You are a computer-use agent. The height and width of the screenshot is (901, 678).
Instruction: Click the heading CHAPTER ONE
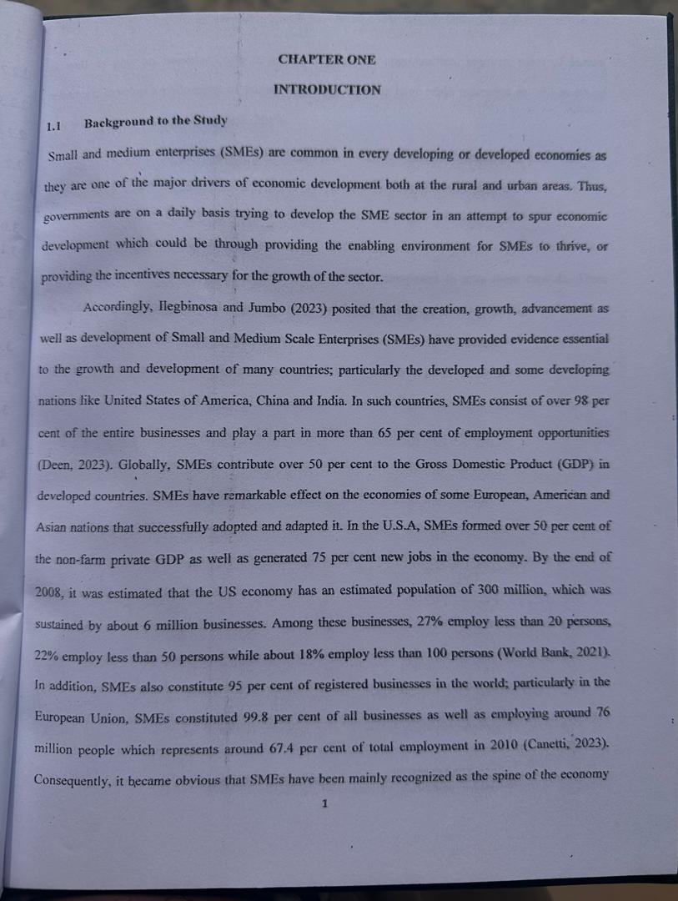click(x=326, y=59)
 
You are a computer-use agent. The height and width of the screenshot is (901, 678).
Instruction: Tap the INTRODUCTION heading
click(x=326, y=89)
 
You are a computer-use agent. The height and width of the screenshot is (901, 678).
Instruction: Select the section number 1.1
click(x=55, y=127)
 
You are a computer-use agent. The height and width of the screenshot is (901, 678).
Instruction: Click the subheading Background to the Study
click(x=155, y=121)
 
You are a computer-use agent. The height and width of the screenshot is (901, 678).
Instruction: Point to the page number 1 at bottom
click(x=326, y=803)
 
